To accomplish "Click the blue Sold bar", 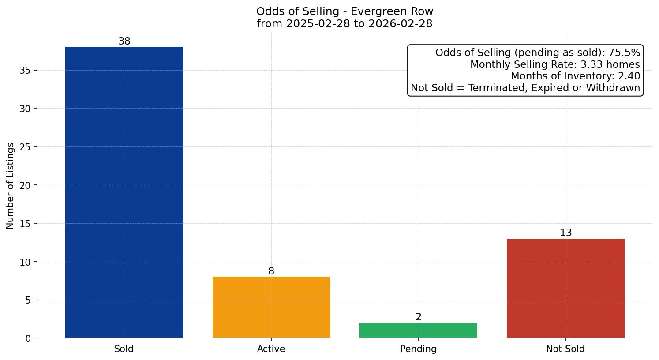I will coord(124,192).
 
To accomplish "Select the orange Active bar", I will coord(271,307).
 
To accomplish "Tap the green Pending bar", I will coord(418,330).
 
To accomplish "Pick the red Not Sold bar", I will coord(565,288).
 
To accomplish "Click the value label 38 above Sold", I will coord(124,41).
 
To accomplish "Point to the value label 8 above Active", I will coord(271,271).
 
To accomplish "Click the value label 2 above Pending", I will coord(419,317).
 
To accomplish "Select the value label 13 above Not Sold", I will coord(566,233).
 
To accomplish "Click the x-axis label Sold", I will coord(124,349).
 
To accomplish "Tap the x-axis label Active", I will coord(271,349).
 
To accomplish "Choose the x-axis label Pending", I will coord(418,349).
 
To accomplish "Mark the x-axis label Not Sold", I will coord(565,349).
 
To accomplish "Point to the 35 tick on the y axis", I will coord(26,71).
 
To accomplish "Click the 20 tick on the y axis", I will coord(26,185).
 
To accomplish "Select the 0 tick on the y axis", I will coord(28,338).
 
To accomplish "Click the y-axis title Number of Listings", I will coord(11,185).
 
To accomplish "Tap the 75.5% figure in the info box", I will coord(624,53).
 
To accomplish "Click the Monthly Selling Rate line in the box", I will coord(555,65).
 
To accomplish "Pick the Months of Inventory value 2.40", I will coord(629,76).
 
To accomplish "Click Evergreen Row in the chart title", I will coord(397,11).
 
